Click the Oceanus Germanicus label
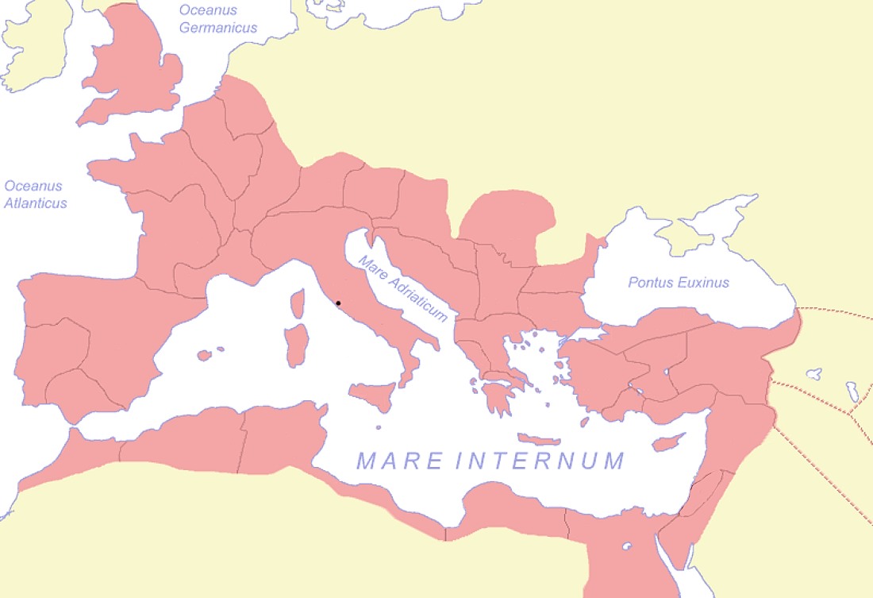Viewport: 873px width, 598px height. [218, 18]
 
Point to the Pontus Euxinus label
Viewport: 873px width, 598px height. [679, 283]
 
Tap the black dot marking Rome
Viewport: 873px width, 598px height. [338, 303]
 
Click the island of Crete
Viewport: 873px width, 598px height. [540, 439]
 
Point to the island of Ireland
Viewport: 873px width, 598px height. [36, 48]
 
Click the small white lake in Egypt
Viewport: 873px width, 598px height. [627, 546]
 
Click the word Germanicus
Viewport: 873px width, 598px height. [218, 28]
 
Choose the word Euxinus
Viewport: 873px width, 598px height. [702, 283]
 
